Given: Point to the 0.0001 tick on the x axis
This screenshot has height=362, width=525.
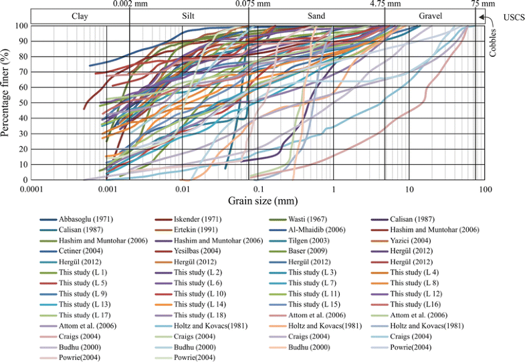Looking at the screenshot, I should pyautogui.click(x=32, y=190).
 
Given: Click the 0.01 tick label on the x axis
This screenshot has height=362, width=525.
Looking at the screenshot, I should pyautogui.click(x=183, y=190).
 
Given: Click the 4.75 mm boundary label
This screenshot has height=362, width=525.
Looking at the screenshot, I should pyautogui.click(x=386, y=4).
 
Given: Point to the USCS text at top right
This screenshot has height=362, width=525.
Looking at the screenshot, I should pyautogui.click(x=512, y=24).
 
